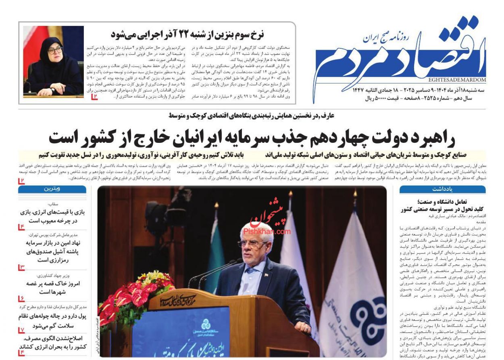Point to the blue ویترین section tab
(52, 189)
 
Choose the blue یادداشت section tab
(442, 189)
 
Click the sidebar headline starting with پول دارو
(54, 321)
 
